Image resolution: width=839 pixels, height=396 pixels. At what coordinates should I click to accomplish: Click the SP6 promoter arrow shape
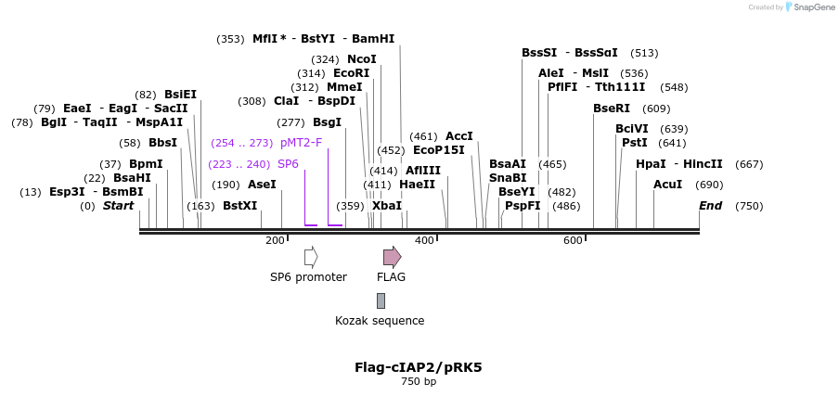pos(311,256)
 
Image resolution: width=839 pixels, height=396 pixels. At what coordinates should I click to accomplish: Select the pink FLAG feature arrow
pos(392,256)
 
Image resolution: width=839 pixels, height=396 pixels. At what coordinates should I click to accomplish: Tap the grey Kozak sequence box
pos(381,300)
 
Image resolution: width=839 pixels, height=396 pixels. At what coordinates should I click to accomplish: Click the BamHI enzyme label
pos(373,39)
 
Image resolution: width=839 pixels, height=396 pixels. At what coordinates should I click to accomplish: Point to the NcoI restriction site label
pos(362,59)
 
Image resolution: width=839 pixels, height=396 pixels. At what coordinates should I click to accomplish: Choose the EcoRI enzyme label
pos(352,73)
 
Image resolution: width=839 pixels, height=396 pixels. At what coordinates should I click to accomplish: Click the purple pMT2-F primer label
pos(301,143)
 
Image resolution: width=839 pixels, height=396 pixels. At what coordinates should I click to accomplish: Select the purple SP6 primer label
pos(288,164)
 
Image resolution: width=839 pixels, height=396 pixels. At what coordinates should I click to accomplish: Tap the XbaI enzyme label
pos(387,206)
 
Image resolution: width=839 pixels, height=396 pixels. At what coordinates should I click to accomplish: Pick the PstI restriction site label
pos(635,143)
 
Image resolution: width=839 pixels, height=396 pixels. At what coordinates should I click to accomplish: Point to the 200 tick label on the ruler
pos(275,241)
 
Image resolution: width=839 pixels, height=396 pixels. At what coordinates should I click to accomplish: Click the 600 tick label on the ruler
pos(573,241)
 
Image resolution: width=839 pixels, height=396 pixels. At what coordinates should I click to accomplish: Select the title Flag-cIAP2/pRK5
pos(419,367)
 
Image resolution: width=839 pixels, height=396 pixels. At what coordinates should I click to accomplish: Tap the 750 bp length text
pos(419,381)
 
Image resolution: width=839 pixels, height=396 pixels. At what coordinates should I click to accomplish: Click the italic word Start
pos(118,206)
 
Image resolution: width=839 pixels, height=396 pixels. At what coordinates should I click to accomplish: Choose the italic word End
pos(711,206)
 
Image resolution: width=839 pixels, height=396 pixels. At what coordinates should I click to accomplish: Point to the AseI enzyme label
pos(262,185)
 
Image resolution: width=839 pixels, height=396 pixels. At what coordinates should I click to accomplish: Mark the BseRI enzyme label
pos(612,109)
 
